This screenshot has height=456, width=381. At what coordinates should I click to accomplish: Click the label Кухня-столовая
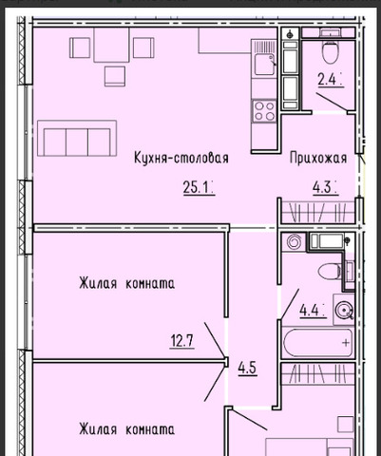(x=181, y=158)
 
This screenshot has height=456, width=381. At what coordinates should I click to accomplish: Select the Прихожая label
(x=318, y=158)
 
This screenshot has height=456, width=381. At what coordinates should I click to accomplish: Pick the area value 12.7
(x=182, y=341)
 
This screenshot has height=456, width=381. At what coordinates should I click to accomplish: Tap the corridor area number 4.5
(x=247, y=369)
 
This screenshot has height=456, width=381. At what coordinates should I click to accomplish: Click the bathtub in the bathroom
(x=317, y=343)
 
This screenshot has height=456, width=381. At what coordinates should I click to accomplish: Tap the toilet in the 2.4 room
(x=331, y=50)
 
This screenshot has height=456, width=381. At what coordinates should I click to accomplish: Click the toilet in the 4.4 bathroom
(x=330, y=272)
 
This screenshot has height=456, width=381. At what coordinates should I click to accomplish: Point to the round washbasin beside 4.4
(x=344, y=309)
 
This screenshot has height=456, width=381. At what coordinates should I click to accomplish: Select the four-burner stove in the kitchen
(x=264, y=111)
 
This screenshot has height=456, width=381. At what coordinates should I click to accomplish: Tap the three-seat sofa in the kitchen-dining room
(x=77, y=139)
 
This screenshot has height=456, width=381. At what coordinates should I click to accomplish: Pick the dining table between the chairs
(x=111, y=45)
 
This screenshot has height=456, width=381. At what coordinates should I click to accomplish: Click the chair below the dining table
(x=115, y=76)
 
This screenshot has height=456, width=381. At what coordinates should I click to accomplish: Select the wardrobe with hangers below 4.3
(x=318, y=213)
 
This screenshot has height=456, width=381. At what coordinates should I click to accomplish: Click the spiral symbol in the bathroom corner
(x=294, y=242)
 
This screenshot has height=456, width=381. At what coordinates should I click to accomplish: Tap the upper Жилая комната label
(x=126, y=283)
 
